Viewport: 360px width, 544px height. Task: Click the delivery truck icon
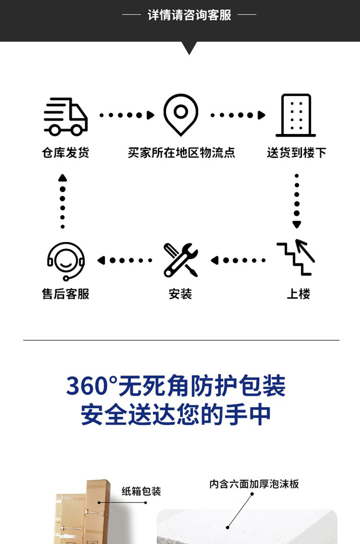tap(66, 117)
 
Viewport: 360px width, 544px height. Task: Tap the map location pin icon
tap(181, 114)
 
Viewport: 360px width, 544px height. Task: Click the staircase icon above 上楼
tap(296, 258)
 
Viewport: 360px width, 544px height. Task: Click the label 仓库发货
tap(66, 153)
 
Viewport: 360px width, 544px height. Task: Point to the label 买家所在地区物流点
tap(181, 153)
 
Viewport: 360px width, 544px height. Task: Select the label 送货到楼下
tap(296, 153)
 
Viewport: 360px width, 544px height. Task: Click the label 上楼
tap(298, 294)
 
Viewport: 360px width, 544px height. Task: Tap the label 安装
tap(180, 294)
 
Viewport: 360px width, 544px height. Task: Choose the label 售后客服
tap(66, 294)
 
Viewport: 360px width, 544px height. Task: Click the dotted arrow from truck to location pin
tap(127, 115)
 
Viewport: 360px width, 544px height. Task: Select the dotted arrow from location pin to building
tap(237, 115)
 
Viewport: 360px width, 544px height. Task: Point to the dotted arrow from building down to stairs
tap(297, 201)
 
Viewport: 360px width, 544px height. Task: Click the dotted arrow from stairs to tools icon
tap(237, 261)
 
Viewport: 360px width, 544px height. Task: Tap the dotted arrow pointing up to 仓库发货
tap(63, 201)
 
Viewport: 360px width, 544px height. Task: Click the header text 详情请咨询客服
tap(189, 15)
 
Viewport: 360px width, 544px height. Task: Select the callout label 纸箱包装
tap(141, 491)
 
